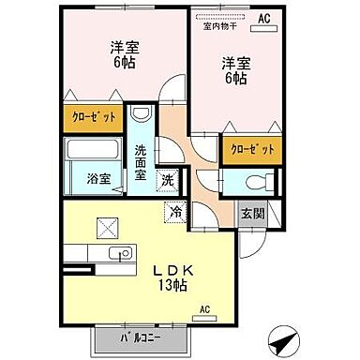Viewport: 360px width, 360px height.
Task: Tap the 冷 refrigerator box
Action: pos(174,213)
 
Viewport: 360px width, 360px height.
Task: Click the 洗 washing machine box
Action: pos(165,179)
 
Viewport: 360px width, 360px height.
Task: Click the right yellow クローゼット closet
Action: pos(250,149)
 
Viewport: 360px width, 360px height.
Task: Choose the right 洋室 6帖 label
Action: pos(234,71)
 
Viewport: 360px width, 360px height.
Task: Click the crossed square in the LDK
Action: pos(105,227)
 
